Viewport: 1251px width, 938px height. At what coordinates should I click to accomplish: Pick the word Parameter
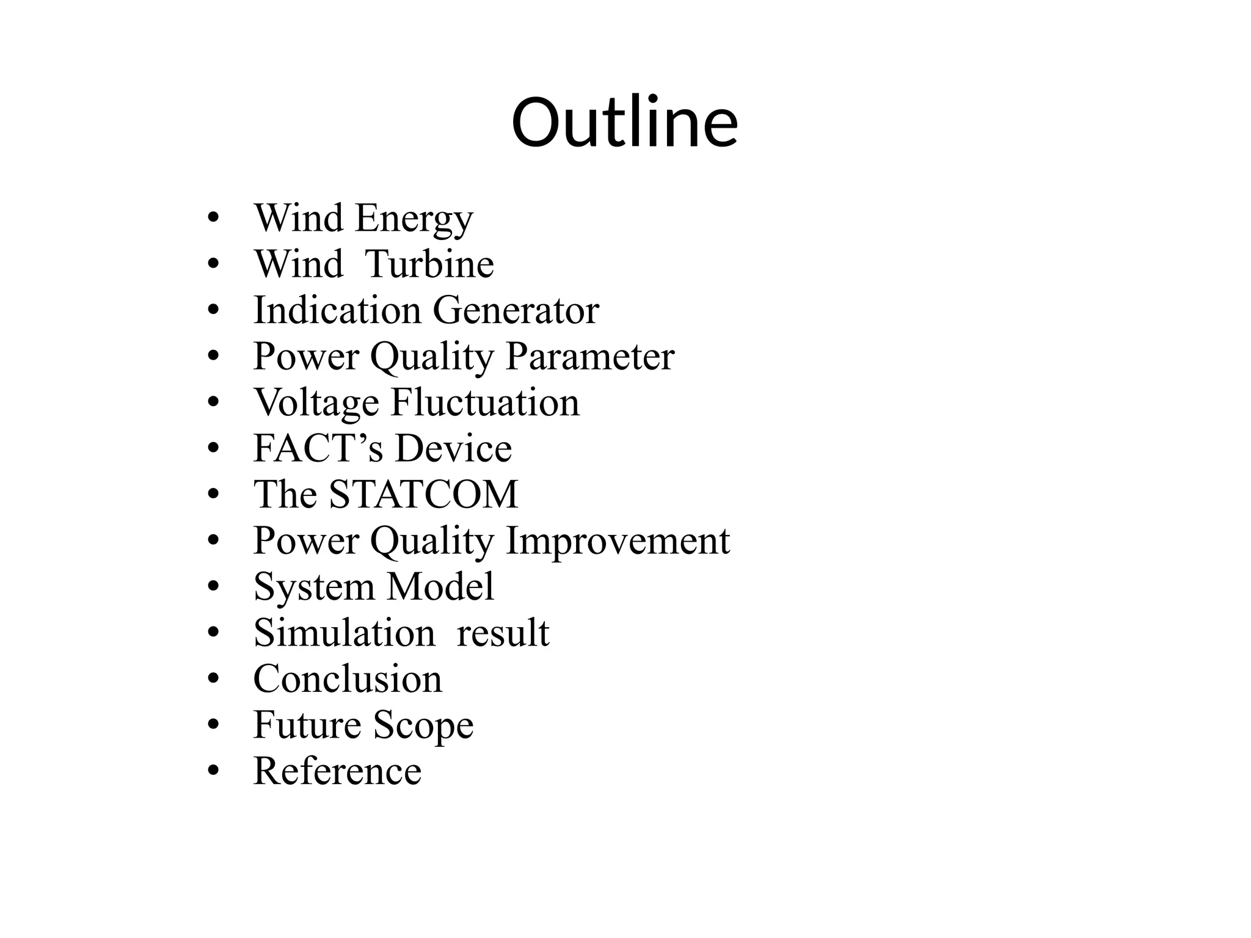pos(590,356)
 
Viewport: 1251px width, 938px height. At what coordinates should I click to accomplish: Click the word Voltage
pos(316,402)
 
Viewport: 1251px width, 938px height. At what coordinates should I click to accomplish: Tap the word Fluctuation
pos(485,402)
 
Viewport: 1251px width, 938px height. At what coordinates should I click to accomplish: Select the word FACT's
pos(318,448)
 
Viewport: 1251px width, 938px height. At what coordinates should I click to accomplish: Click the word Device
pos(453,448)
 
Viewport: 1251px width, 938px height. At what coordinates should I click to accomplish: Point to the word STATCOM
pos(423,494)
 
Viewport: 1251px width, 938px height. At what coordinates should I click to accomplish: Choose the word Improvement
pos(618,540)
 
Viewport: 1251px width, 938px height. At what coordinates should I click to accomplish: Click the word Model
pos(440,586)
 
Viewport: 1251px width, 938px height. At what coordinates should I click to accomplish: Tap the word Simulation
pos(345,633)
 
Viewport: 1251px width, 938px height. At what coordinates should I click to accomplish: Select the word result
pos(503,633)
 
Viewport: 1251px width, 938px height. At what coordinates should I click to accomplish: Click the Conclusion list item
pos(348,678)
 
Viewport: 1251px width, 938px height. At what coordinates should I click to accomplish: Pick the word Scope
pos(423,725)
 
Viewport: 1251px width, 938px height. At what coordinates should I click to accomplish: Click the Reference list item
pos(337,771)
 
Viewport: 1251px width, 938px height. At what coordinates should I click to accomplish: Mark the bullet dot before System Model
pos(213,587)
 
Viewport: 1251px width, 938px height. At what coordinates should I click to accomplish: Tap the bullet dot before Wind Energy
pos(213,219)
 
